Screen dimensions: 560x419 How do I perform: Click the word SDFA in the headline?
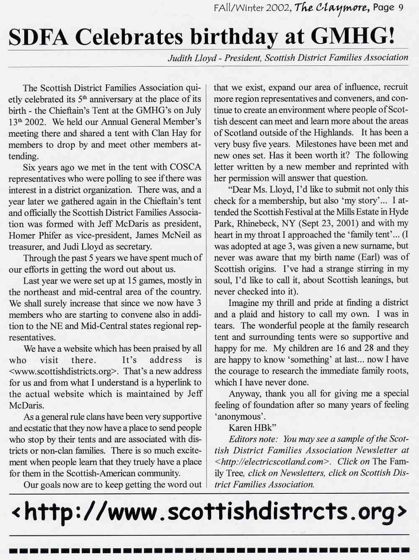[38, 37]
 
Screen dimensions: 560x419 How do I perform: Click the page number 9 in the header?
[401, 8]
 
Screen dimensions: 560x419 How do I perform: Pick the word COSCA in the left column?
[185, 167]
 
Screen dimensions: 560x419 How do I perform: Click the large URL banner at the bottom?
[209, 511]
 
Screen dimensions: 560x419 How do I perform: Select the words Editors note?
[253, 439]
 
